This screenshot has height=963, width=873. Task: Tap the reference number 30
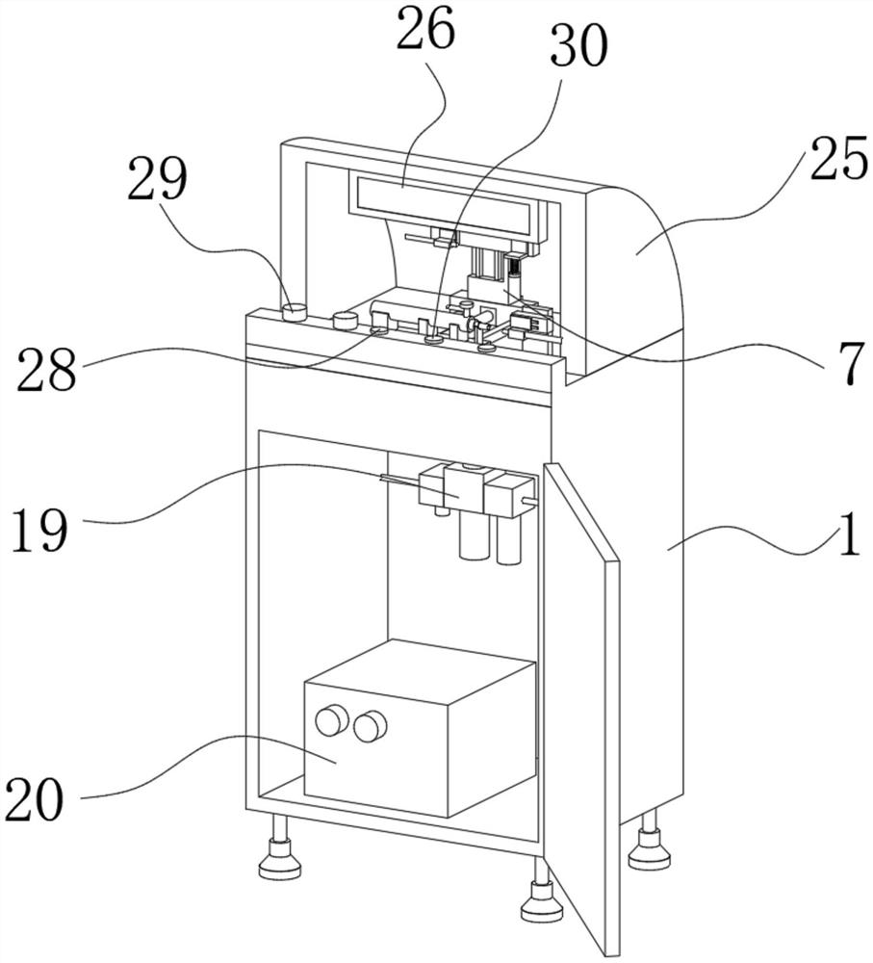(x=579, y=47)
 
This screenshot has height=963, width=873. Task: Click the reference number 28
(x=46, y=371)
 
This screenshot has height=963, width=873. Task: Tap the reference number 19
(x=39, y=528)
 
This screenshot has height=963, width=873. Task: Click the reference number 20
(x=35, y=799)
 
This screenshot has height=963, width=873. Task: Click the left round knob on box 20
(x=331, y=720)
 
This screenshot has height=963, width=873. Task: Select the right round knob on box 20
(x=371, y=726)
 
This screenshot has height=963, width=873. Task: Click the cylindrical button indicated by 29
(x=295, y=311)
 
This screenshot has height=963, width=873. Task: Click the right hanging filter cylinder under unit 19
(x=508, y=539)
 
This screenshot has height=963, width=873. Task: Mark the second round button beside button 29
(x=346, y=320)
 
